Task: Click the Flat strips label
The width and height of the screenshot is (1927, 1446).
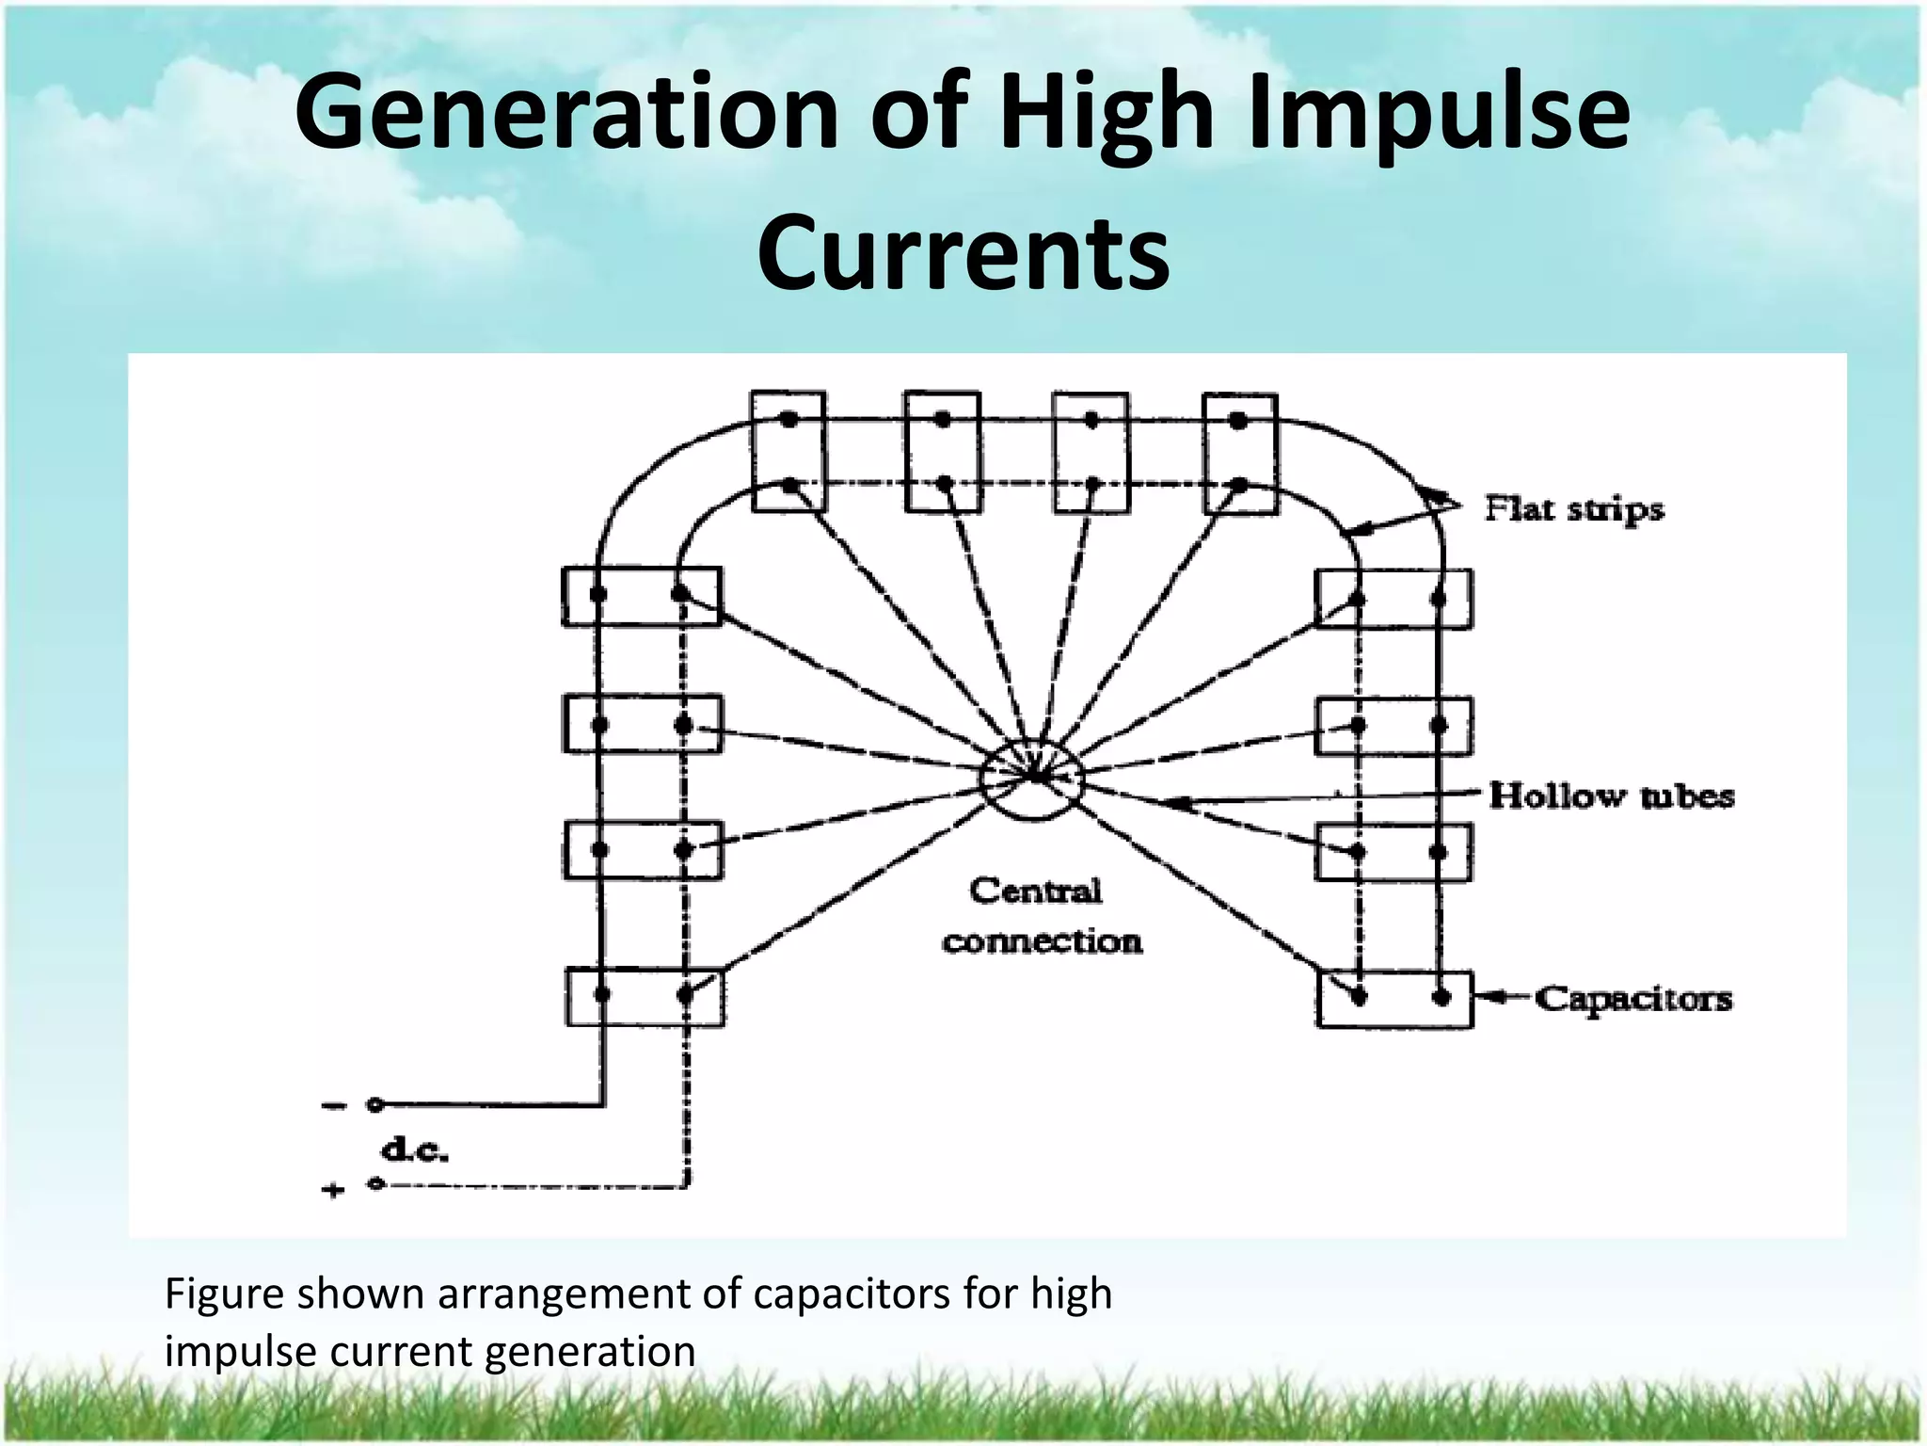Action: (1574, 509)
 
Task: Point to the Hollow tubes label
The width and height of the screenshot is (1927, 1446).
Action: (1612, 796)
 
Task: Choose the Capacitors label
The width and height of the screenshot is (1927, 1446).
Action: (1633, 998)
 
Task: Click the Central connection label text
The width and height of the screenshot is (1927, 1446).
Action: (1040, 916)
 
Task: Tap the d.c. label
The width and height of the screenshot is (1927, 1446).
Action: (415, 1149)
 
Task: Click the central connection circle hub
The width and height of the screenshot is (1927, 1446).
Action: (1032, 779)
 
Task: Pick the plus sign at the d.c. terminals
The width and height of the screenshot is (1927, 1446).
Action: (333, 1191)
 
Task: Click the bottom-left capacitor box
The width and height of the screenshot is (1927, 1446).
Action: (645, 997)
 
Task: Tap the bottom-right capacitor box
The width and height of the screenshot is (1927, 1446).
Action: (1394, 999)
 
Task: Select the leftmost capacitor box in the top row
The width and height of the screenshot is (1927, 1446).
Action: (788, 453)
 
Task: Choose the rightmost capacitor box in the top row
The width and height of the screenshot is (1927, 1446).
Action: (1240, 454)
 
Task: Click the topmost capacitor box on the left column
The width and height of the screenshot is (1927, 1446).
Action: (642, 596)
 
